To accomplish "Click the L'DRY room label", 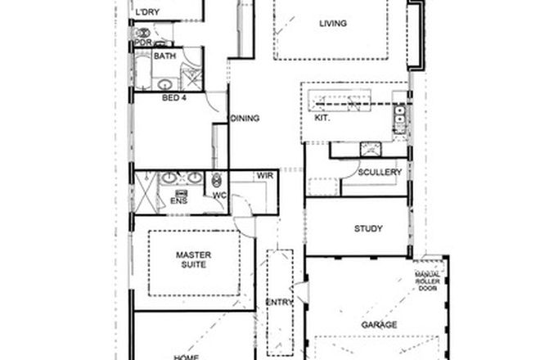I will [x=147, y=11].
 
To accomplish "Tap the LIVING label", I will [x=333, y=24].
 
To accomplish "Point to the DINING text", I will [x=245, y=119].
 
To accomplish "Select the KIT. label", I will [x=322, y=119].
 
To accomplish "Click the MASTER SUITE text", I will [x=195, y=261].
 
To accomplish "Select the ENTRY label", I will [x=279, y=303].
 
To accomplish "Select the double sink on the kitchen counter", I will [x=400, y=120].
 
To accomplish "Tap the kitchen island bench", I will [x=344, y=104].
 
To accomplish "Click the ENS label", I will [x=178, y=199].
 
